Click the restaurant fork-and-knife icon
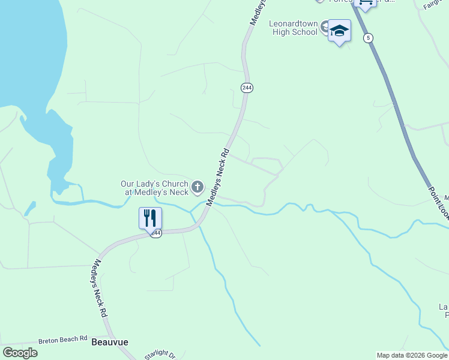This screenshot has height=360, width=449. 149,217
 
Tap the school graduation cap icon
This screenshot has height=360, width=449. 339,31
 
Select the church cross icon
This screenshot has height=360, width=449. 197,188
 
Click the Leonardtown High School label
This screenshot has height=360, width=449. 293,28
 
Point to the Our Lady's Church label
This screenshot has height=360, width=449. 154,188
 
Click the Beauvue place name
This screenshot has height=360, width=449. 109,343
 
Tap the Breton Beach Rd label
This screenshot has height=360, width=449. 63,340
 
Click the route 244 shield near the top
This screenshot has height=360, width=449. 247,88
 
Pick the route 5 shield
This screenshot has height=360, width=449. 368,38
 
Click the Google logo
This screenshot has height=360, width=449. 20,353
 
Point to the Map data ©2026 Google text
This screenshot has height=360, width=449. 412,355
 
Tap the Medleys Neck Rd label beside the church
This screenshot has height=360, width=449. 218,178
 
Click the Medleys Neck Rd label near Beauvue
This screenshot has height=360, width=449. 100,289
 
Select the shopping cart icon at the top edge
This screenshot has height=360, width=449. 365,4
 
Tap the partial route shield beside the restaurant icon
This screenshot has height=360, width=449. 156,233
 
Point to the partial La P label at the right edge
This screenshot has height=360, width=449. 444,310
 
